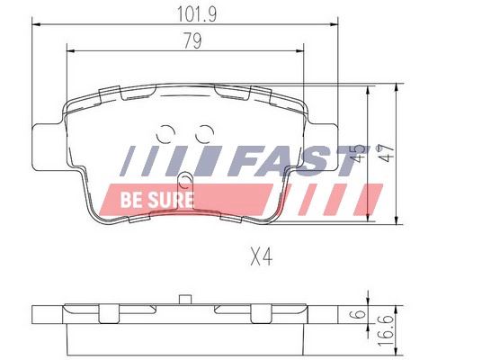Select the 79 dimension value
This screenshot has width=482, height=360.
191,40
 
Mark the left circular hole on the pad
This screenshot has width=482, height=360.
167,132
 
